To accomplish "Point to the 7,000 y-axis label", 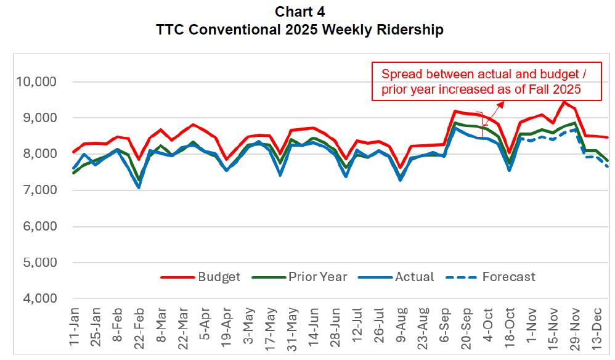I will pos(38,190).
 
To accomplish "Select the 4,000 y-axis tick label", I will pos(38,299).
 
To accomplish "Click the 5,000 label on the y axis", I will pos(38,263).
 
